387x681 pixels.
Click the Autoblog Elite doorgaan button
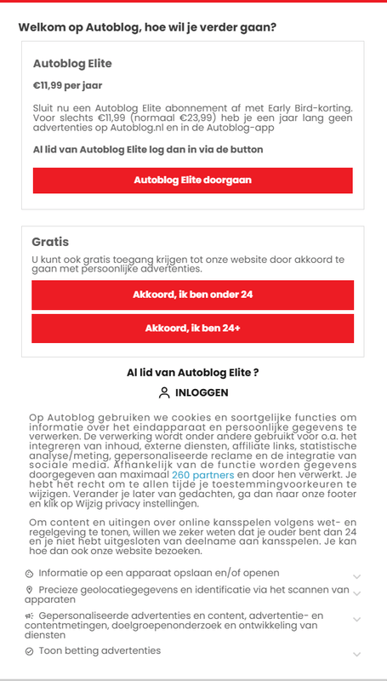(192, 180)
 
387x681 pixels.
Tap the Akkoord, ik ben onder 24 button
(192, 295)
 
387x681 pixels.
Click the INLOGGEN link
(202, 392)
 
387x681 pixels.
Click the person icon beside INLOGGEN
(164, 392)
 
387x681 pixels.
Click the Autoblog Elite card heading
(72, 63)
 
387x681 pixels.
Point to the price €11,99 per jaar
(67, 85)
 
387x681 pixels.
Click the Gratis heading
(50, 242)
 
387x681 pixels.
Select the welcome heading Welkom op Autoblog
(147, 27)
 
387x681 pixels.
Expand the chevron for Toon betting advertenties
(357, 653)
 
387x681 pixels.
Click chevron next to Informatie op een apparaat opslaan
(357, 576)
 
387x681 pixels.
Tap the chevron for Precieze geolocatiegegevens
(357, 594)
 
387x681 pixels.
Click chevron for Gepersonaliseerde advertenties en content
(357, 620)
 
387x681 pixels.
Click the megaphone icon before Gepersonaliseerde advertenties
(30, 615)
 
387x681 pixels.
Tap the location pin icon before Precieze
(30, 589)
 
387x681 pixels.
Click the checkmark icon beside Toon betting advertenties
(30, 651)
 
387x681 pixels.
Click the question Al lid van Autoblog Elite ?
(192, 372)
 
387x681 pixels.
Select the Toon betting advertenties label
(100, 651)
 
